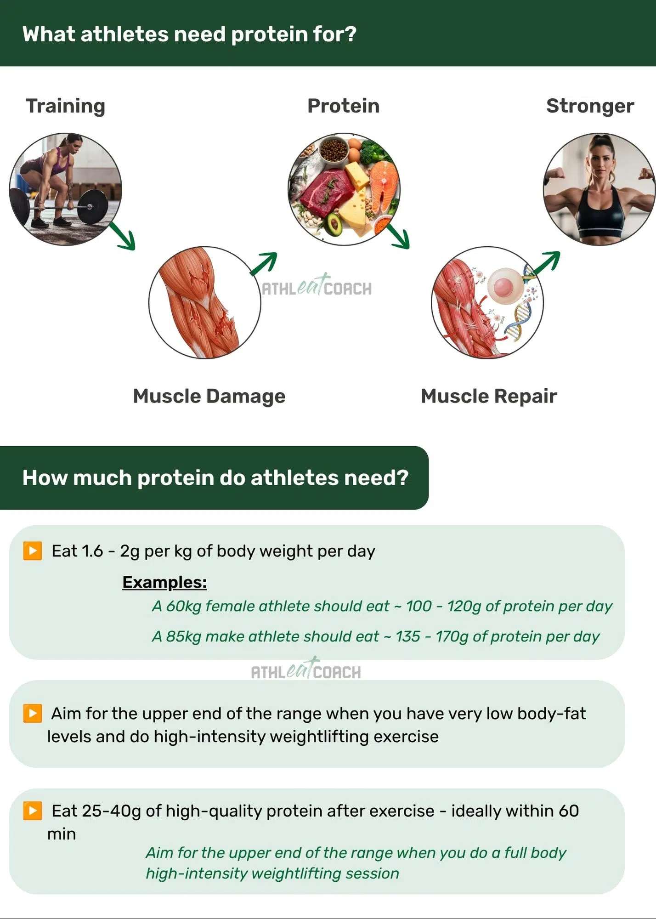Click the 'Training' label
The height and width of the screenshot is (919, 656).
click(66, 106)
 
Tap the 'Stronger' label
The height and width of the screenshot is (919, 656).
click(590, 106)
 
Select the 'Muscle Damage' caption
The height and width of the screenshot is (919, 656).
click(209, 396)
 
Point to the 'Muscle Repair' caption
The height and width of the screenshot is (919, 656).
click(489, 396)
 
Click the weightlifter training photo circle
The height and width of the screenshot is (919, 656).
click(66, 189)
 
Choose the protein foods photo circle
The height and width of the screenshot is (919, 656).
click(344, 189)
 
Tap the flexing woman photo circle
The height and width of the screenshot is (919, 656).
click(599, 189)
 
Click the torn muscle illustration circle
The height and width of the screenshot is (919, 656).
click(205, 302)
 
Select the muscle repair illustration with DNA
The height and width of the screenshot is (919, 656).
click(487, 302)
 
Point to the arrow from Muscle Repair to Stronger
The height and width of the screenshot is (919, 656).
click(547, 263)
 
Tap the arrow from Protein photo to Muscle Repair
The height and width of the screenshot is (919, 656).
click(398, 236)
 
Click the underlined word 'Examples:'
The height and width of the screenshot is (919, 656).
click(164, 582)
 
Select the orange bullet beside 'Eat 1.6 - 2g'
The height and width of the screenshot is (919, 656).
click(33, 550)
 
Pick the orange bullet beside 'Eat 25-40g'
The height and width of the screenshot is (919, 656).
click(33, 811)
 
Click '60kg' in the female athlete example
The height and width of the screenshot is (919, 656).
click(183, 607)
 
